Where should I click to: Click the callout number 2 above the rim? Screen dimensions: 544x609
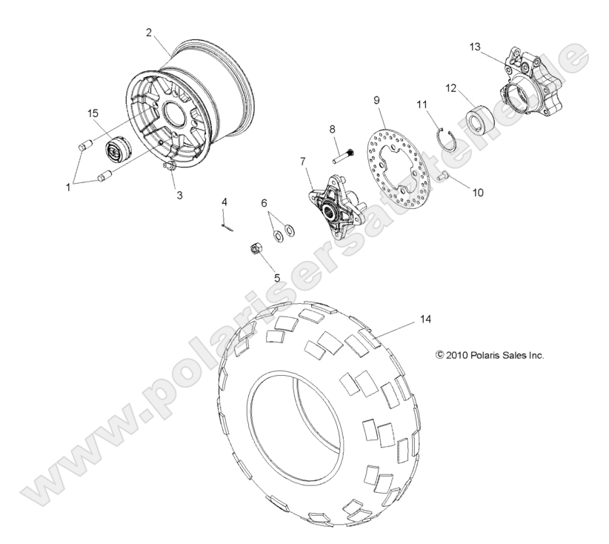[149, 32]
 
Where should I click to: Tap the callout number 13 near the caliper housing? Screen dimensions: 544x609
[475, 47]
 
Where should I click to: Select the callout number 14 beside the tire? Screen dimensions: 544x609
[445, 299]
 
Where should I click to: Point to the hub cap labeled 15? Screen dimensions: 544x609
[115, 148]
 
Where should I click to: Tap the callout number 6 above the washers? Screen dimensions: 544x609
[264, 203]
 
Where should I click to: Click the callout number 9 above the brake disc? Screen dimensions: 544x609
[376, 99]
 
